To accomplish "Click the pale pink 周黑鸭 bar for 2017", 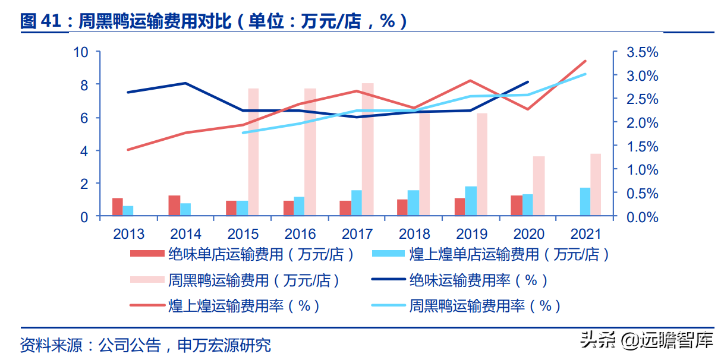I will tap(367, 150).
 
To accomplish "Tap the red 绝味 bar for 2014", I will tap(174, 206).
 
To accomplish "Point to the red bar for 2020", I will tap(516, 206).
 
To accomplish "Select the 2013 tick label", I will tap(129, 234).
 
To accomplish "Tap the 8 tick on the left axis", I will tap(83, 85).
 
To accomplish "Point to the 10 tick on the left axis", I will tap(80, 52).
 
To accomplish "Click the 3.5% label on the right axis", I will tap(643, 52).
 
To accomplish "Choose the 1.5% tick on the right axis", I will tap(643, 146).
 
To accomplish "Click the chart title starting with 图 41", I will tap(214, 22).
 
